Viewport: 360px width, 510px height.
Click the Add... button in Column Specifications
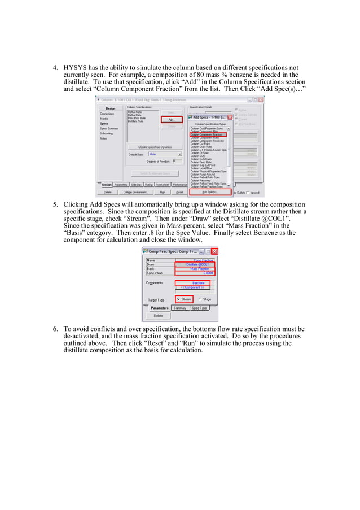(x=171, y=119)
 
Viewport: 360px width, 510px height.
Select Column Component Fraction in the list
(x=207, y=135)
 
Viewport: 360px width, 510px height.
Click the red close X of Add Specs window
(x=230, y=117)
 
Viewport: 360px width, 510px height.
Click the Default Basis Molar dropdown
(x=165, y=154)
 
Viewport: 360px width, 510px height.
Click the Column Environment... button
(x=135, y=192)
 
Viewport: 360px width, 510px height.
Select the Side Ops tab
(x=136, y=184)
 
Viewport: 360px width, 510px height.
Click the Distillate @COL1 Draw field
(x=194, y=264)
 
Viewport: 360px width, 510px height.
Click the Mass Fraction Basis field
(x=194, y=269)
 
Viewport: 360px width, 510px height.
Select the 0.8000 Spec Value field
(x=194, y=273)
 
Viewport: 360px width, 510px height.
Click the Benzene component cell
(x=194, y=282)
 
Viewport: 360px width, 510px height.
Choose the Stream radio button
(x=183, y=299)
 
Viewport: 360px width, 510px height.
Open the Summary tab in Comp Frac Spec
(x=180, y=308)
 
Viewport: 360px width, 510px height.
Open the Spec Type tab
(x=199, y=308)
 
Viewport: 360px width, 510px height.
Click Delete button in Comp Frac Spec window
(x=158, y=316)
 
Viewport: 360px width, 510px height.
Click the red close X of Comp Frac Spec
(x=214, y=251)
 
